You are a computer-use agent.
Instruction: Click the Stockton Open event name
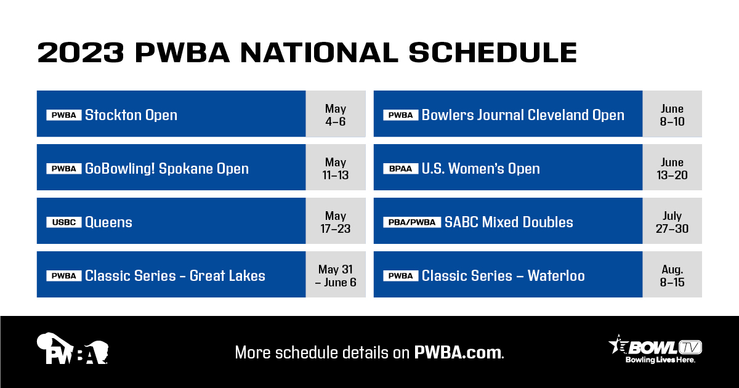(131, 115)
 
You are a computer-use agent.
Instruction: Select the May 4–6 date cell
(336, 115)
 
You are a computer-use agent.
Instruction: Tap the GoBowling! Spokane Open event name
(166, 169)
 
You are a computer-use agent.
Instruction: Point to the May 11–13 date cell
(336, 168)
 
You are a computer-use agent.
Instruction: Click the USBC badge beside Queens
(64, 222)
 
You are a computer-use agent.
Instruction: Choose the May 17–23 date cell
(336, 222)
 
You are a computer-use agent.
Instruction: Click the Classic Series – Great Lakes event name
(175, 276)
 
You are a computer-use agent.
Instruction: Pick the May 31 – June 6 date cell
(336, 275)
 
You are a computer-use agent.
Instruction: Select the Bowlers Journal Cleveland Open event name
(523, 115)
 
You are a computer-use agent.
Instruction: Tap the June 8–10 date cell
(672, 115)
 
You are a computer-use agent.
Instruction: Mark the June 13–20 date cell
(672, 168)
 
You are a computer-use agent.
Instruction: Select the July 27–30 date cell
(672, 222)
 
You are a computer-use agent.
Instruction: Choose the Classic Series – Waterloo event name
(503, 276)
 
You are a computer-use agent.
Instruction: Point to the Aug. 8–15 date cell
(672, 275)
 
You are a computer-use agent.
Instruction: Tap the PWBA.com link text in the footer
(459, 353)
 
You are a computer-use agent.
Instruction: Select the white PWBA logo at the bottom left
(73, 349)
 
